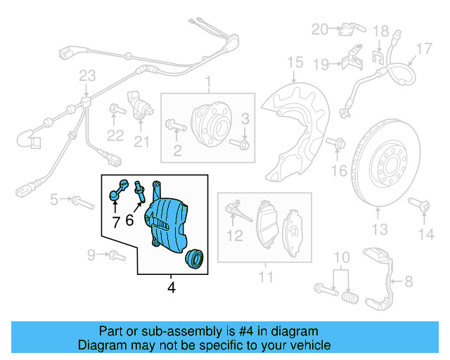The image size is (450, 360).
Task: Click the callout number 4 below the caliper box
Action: pyautogui.click(x=171, y=287)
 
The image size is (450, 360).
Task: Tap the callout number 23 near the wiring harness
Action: pyautogui.click(x=86, y=76)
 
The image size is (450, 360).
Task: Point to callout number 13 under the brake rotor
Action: pyautogui.click(x=380, y=229)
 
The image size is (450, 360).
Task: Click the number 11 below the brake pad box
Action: pyautogui.click(x=264, y=277)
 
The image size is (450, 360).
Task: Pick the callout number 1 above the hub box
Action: pyautogui.click(x=207, y=85)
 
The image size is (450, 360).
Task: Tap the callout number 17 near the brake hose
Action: pyautogui.click(x=423, y=49)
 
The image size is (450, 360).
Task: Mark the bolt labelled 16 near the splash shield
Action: pyautogui.click(x=339, y=145)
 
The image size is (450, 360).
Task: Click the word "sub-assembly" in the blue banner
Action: pyautogui.click(x=167, y=331)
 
